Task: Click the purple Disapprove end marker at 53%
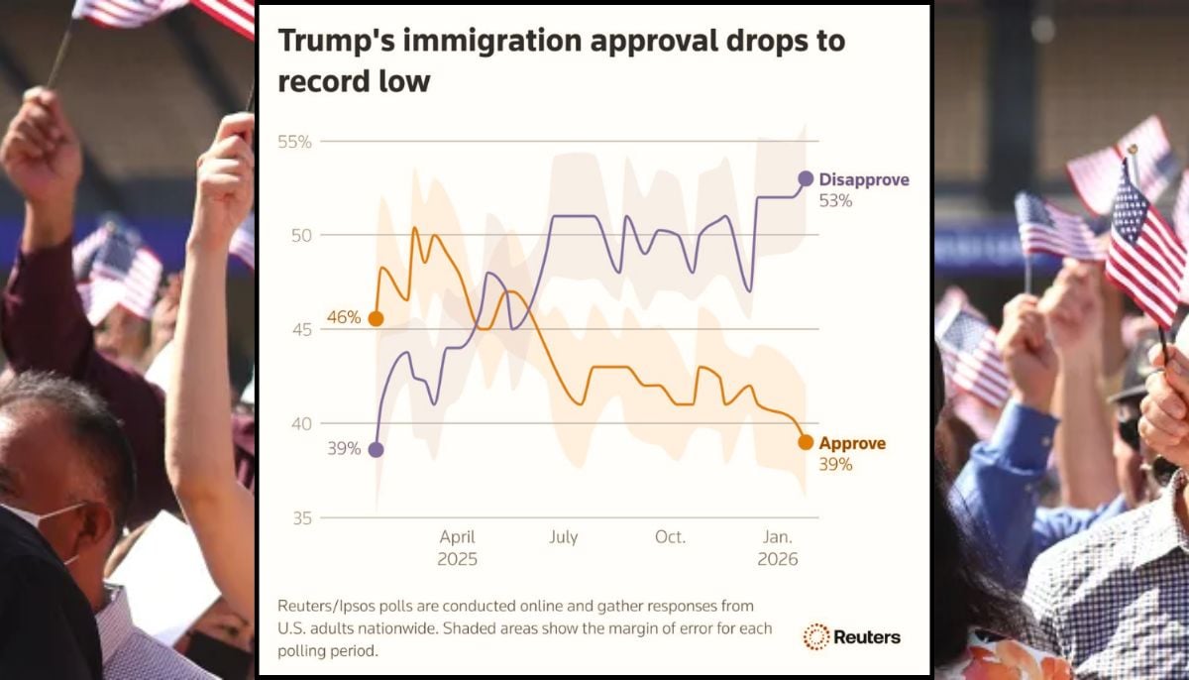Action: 806,178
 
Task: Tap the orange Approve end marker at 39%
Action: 806,442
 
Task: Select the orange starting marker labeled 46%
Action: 376,318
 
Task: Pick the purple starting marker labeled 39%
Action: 376,449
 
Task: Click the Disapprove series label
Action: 863,179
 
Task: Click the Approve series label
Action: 852,443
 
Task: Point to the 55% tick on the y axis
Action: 294,142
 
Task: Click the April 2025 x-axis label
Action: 458,547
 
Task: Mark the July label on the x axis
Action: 563,537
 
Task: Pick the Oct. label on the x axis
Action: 670,537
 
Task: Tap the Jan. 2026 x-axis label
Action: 778,547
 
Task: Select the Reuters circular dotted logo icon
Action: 816,636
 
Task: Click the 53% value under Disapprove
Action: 835,200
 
